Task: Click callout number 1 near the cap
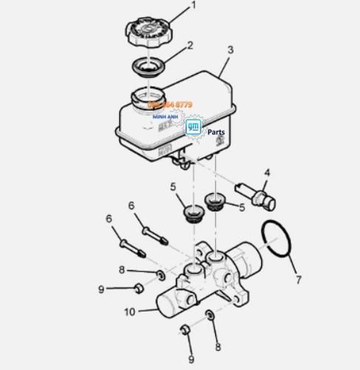(194, 6)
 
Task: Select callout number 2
(191, 46)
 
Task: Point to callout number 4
(268, 172)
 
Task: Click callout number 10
(130, 312)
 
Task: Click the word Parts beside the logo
(217, 132)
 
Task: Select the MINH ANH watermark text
(165, 116)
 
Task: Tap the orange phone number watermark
(170, 105)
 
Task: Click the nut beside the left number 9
(137, 287)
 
